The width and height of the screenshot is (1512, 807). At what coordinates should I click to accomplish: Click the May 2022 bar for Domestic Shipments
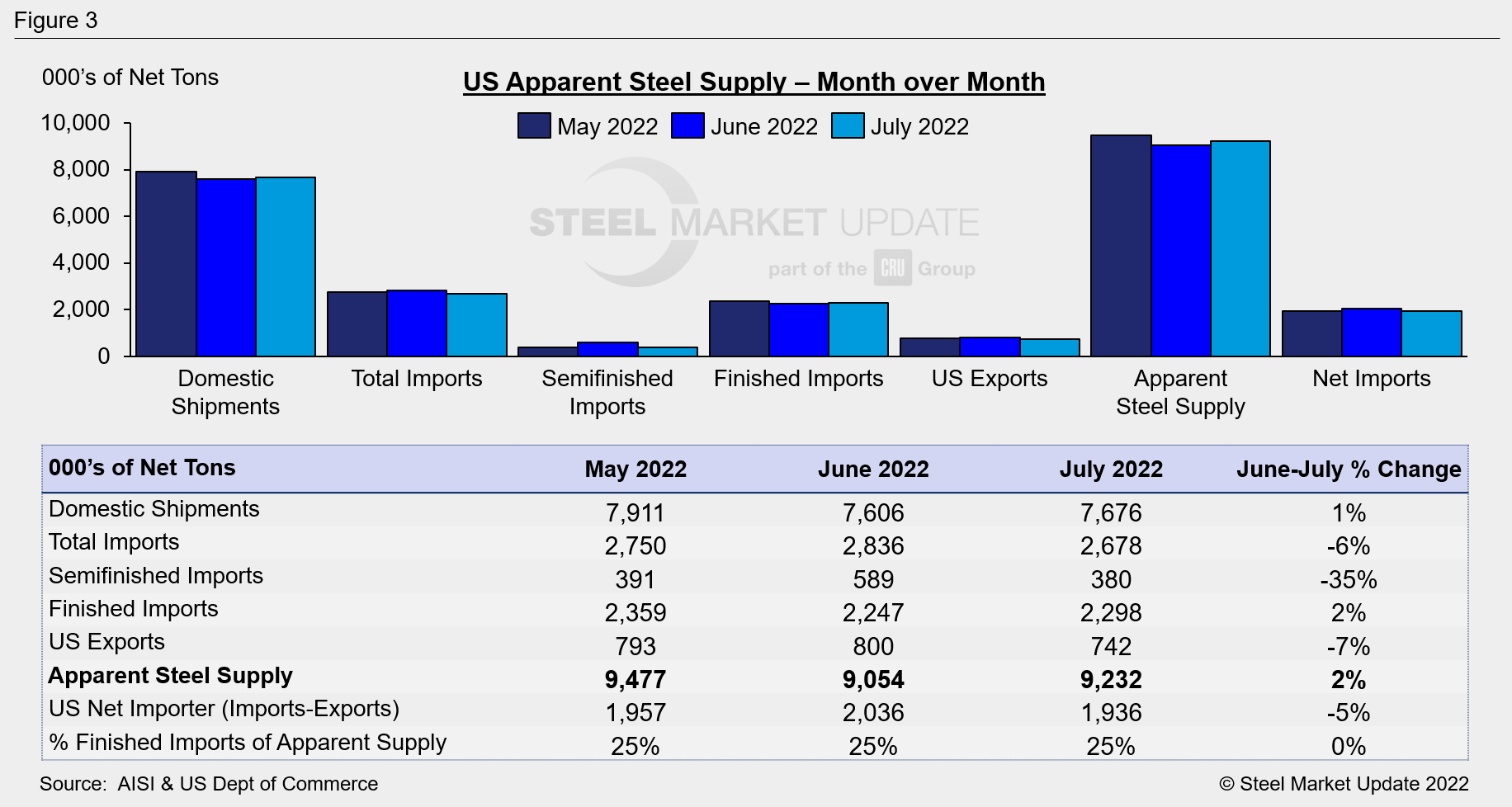tap(166, 264)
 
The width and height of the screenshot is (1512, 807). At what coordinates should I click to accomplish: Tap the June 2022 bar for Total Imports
tap(417, 323)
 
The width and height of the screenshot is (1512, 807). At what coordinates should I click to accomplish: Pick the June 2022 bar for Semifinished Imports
tap(607, 349)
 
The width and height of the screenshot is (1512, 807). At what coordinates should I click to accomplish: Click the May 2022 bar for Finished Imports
tap(739, 328)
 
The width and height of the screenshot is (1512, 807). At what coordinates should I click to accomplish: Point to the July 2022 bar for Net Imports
tap(1431, 333)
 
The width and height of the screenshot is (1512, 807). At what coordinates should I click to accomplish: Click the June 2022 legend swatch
tap(687, 126)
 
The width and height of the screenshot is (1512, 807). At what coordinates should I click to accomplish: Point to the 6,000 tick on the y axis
tap(81, 216)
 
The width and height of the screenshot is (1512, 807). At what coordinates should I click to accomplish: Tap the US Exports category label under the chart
tap(990, 378)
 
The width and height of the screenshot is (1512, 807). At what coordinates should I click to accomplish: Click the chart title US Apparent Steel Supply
tap(754, 82)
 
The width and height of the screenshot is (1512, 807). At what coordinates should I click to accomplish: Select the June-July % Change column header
tap(1348, 469)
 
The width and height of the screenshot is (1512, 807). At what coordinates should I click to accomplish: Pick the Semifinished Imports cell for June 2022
tap(873, 579)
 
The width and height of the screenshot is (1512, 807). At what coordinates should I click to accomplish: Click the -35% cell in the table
tap(1348, 579)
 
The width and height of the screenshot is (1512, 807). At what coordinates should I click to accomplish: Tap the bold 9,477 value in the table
tap(635, 679)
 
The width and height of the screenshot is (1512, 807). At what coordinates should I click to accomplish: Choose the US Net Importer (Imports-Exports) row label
tap(224, 709)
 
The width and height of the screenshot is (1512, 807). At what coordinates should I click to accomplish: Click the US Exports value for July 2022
tap(1111, 646)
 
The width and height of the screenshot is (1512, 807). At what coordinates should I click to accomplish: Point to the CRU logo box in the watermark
tap(893, 268)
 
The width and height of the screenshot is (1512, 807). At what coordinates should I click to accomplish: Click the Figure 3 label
tap(56, 20)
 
